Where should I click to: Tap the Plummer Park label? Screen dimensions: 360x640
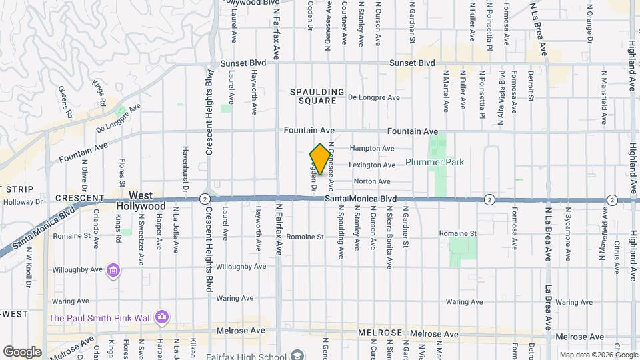(435, 162)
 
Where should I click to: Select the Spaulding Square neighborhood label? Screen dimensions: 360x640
(317, 96)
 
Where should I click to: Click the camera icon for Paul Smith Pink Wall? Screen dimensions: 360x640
(161, 317)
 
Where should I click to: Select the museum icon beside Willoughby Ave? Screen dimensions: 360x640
(113, 270)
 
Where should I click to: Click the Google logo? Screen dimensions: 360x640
(22, 351)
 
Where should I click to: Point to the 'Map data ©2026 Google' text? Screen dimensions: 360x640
(597, 355)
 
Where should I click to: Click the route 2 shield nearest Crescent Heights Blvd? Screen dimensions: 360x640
(204, 199)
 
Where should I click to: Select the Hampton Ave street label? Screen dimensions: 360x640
(372, 148)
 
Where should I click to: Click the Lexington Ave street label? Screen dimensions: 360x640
(372, 165)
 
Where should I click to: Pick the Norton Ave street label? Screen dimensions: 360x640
(372, 181)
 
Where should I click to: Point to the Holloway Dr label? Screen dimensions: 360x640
(23, 202)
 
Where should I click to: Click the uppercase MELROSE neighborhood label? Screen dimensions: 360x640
(380, 333)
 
